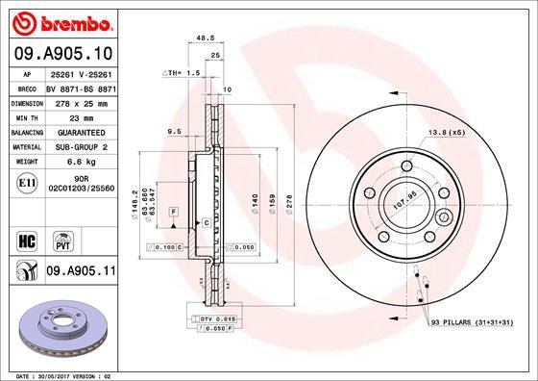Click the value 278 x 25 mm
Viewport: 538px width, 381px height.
tap(82, 101)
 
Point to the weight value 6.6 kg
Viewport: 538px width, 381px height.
tap(82, 163)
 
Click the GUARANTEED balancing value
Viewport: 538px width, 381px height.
tap(82, 132)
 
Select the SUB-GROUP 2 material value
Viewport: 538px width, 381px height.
tap(82, 147)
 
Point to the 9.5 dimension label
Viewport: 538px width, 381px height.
tap(175, 130)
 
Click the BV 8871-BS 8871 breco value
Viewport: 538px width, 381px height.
tap(82, 86)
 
